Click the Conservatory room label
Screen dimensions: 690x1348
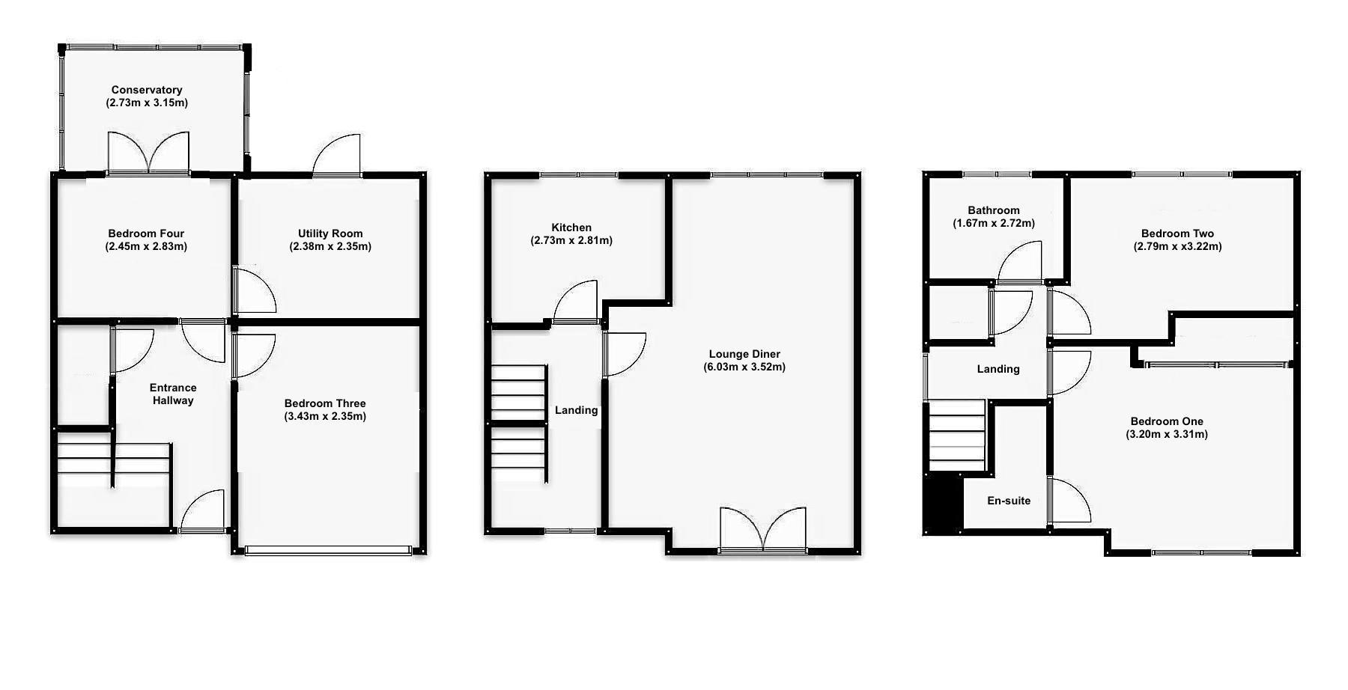[x=147, y=90]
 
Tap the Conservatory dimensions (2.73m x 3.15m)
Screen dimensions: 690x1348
[x=147, y=103]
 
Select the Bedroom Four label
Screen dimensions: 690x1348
[x=146, y=233]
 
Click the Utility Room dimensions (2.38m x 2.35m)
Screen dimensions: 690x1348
[x=330, y=246]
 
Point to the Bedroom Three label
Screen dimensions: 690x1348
[x=325, y=403]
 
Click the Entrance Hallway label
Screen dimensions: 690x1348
[x=173, y=394]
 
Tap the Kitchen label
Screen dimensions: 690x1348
[x=571, y=228]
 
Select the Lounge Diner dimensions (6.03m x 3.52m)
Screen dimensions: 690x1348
[x=744, y=367]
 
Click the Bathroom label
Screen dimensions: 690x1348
[x=994, y=210]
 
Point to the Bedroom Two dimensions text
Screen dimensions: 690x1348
[x=1177, y=246]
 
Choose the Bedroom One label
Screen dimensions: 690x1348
[x=1167, y=421]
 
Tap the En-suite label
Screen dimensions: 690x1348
[x=1009, y=501]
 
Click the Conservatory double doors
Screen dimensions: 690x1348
[x=148, y=153]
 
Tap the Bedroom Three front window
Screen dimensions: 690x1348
[x=328, y=551]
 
